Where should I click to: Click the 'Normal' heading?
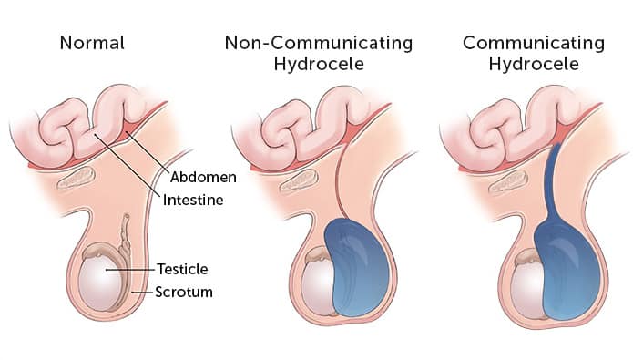pyautogui.click(x=91, y=42)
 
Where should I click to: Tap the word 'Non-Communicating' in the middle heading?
pyautogui.click(x=319, y=42)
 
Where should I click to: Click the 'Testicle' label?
pyautogui.click(x=183, y=269)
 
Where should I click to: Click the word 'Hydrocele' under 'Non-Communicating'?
pyautogui.click(x=319, y=67)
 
